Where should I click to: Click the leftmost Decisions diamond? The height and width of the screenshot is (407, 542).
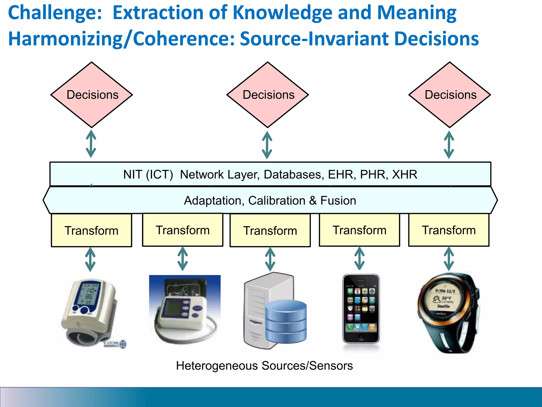(x=92, y=95)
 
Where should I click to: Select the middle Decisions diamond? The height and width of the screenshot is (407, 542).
(x=268, y=95)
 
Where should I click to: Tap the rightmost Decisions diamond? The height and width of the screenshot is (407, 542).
(x=450, y=95)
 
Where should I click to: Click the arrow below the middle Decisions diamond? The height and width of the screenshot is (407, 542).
(x=267, y=145)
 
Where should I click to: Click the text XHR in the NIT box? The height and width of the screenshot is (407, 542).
(x=404, y=175)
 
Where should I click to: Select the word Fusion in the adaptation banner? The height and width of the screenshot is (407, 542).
(x=338, y=201)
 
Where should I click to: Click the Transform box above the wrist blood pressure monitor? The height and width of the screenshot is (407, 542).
(x=92, y=230)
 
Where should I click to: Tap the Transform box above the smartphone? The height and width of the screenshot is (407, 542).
(x=359, y=230)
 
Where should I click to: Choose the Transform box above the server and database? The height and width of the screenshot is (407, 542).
(x=270, y=230)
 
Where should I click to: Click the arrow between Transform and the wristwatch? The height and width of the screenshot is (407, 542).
(x=449, y=259)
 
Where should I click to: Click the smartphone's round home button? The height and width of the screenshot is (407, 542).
(x=361, y=337)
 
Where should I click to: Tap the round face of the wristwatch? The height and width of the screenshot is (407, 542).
(x=445, y=299)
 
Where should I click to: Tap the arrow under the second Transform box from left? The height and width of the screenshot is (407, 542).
(x=183, y=259)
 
